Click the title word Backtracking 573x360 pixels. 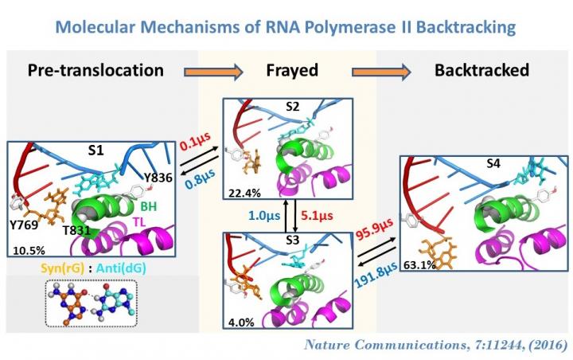pyautogui.click(x=457, y=29)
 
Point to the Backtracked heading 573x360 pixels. pyautogui.click(x=481, y=69)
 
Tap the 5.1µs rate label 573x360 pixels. pyautogui.click(x=319, y=214)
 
